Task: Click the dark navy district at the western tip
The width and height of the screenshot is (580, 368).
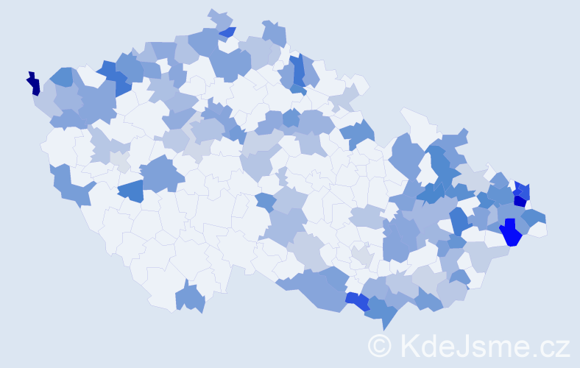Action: [33, 84]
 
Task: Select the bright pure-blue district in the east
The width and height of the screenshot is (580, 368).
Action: [510, 234]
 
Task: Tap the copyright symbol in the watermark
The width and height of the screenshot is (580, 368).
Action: [380, 345]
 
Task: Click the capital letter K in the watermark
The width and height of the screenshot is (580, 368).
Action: [409, 345]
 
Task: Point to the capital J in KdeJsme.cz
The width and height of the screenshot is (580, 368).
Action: [462, 345]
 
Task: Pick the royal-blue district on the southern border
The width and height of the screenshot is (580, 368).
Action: [358, 301]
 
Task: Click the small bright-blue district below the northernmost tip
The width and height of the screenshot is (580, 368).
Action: [228, 32]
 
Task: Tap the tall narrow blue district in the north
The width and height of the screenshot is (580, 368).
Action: [298, 71]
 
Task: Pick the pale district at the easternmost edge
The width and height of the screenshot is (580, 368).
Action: [540, 229]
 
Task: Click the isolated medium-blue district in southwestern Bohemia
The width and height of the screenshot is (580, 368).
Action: [130, 191]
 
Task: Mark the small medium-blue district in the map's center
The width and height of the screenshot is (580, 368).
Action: [266, 202]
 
